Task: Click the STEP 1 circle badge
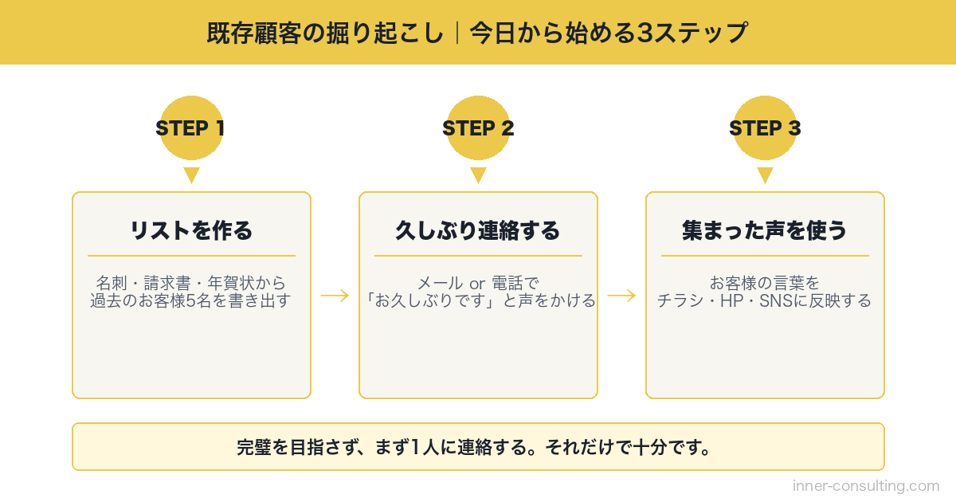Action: click(x=191, y=128)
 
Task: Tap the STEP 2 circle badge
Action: click(x=478, y=128)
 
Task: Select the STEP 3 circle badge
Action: click(x=765, y=128)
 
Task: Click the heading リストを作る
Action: click(x=191, y=231)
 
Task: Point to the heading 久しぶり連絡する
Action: click(x=478, y=231)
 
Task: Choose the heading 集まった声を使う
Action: click(x=765, y=231)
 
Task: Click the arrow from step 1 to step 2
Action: click(x=335, y=296)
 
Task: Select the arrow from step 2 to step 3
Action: click(x=621, y=296)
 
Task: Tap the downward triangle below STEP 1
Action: click(x=191, y=175)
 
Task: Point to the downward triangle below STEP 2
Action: click(x=478, y=175)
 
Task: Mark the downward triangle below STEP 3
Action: click(x=765, y=175)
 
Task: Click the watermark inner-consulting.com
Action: click(x=866, y=485)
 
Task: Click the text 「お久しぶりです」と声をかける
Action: click(x=478, y=301)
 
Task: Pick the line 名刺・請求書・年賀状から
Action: click(x=191, y=283)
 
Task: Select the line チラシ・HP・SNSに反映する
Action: click(x=765, y=301)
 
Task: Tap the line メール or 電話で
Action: click(x=478, y=283)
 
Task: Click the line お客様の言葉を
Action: click(x=765, y=283)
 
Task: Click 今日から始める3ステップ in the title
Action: click(x=609, y=33)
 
